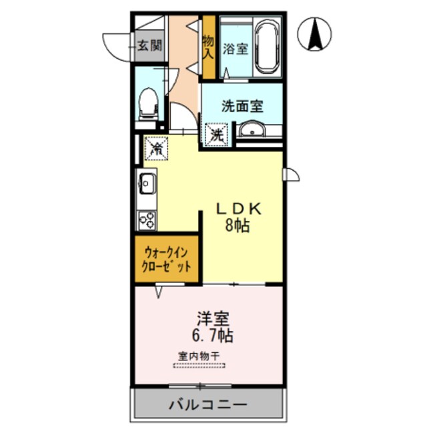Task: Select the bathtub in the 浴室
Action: coord(268,47)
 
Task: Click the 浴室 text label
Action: coord(234,49)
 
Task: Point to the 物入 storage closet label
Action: coord(207,47)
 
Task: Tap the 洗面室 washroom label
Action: coord(242,105)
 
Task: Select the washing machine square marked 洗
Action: coord(217,133)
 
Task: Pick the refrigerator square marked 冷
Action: coord(155,148)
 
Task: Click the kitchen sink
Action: coord(147,181)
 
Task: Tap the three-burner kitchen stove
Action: coord(147,219)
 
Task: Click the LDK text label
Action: coord(240,208)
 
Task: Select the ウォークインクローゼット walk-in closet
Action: coord(167,259)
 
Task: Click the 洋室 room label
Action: coord(209,316)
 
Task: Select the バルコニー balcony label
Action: coord(207,404)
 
